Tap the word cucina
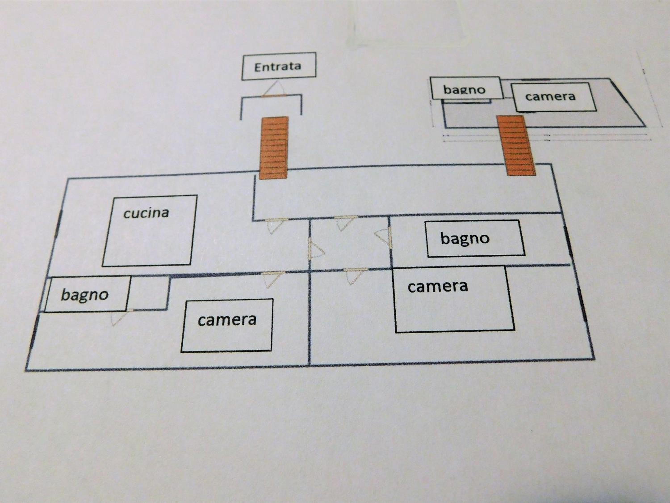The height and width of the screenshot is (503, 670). pos(146,213)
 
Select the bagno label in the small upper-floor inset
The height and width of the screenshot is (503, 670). pos(464,89)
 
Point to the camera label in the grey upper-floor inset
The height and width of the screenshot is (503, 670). pos(550,96)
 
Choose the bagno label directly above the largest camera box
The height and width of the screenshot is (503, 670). pos(465,238)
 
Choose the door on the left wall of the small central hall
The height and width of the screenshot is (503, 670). pos(316,248)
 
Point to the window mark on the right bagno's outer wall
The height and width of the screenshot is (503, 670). pos(568,242)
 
